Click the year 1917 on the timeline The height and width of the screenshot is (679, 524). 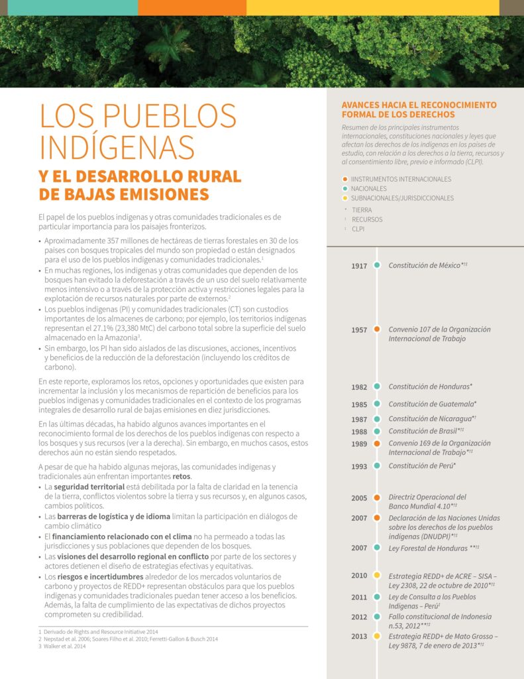(x=359, y=266)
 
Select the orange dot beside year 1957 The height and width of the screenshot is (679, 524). (x=377, y=330)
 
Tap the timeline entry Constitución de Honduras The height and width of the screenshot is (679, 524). (x=430, y=387)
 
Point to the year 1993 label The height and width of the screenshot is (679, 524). (x=359, y=466)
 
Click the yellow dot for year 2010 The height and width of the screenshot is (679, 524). (x=377, y=575)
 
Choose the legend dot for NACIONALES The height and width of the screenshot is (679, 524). (x=345, y=188)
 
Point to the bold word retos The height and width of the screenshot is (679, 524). (x=182, y=477)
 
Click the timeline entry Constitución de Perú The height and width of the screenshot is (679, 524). (x=422, y=466)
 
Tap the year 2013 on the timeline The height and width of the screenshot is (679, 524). (x=359, y=636)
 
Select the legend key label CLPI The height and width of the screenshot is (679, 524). (x=358, y=229)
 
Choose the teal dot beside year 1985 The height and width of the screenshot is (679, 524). (x=377, y=404)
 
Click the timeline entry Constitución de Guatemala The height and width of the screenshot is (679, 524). (x=432, y=404)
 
